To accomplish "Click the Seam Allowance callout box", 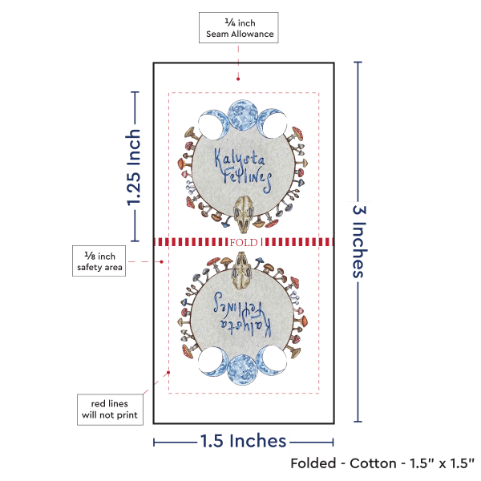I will pyautogui.click(x=239, y=29).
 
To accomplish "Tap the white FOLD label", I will pyautogui.click(x=242, y=241).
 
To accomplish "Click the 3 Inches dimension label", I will pyautogui.click(x=359, y=240).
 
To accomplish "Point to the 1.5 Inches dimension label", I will pyautogui.click(x=243, y=441).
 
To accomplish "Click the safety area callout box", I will pyautogui.click(x=100, y=261).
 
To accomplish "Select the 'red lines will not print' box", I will pyautogui.click(x=110, y=408).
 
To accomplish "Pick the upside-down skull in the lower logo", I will pyautogui.click(x=243, y=270).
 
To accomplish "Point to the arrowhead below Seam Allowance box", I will pyautogui.click(x=239, y=79).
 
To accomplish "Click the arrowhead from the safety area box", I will pyautogui.click(x=157, y=261).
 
